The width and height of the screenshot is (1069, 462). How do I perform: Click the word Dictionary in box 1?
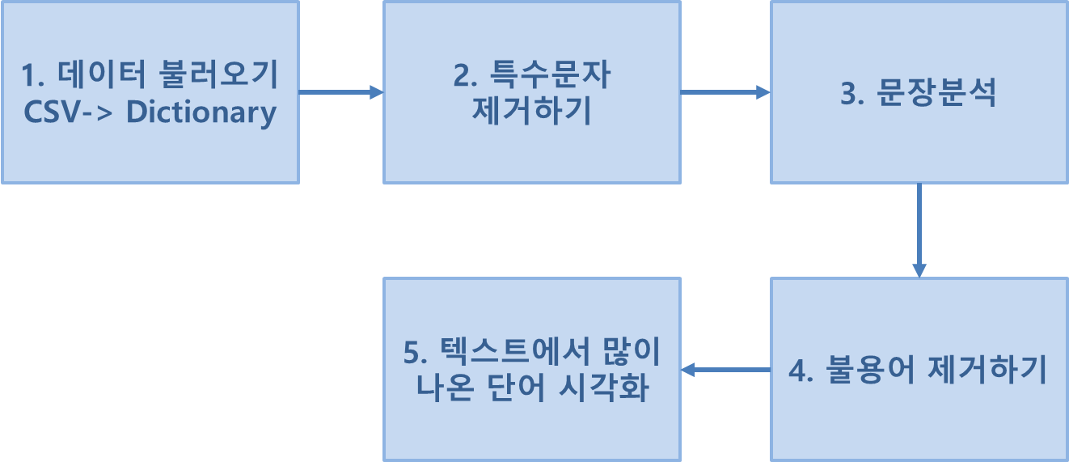201,112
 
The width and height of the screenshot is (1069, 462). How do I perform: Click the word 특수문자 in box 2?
551,77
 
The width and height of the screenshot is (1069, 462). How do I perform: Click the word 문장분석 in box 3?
936,94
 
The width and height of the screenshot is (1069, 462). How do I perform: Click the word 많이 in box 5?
632,353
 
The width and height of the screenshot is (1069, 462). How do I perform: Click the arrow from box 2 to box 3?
725,92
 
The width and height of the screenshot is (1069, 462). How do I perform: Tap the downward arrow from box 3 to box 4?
919,231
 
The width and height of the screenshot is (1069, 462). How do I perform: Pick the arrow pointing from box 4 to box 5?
725,370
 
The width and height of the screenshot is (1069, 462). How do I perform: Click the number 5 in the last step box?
410,354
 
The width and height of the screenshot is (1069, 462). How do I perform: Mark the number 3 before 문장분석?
848,95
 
